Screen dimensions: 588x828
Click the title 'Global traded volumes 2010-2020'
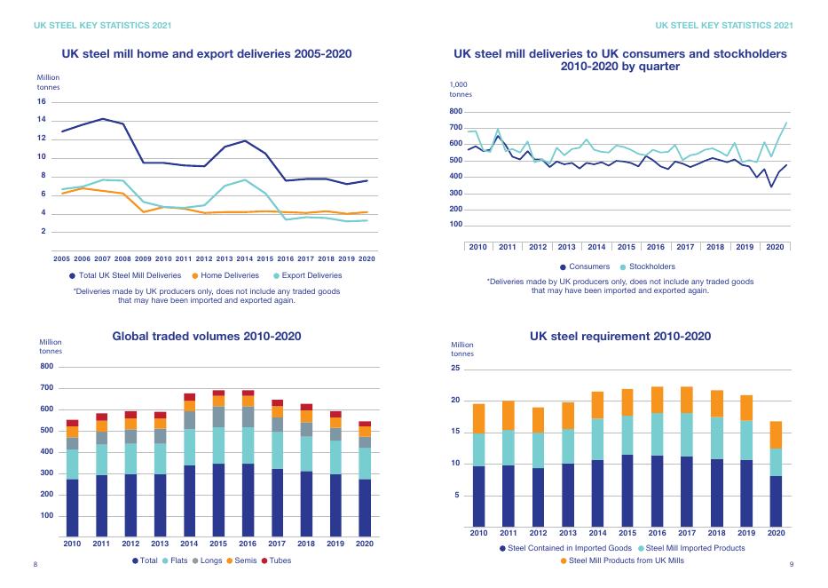[207, 337]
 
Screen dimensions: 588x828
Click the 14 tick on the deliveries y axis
[42, 120]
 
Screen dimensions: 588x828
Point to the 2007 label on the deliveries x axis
[102, 258]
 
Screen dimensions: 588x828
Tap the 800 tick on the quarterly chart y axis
[456, 111]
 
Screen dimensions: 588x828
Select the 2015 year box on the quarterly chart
[627, 246]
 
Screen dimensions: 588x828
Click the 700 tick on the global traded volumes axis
[46, 388]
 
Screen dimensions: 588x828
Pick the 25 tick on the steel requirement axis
[456, 369]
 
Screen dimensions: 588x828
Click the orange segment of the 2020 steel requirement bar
[776, 434]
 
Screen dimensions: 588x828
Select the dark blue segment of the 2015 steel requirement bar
[627, 490]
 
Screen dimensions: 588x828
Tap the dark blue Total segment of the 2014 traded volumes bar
[189, 502]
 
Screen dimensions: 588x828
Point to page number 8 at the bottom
[35, 565]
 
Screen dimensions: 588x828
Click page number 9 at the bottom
[791, 565]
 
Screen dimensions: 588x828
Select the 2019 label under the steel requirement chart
[745, 533]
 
